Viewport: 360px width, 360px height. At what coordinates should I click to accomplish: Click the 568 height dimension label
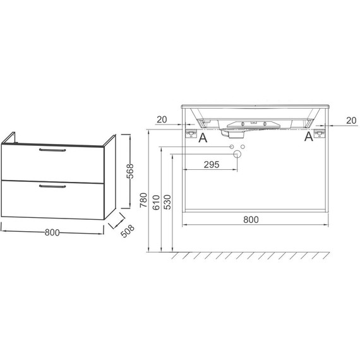click(130, 171)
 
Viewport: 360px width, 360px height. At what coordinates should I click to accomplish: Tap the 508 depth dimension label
click(128, 231)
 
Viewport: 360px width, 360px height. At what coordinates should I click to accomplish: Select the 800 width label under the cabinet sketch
click(52, 232)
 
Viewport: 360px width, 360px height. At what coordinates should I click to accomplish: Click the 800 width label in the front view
click(251, 220)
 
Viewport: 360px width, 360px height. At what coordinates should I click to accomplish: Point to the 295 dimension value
click(212, 165)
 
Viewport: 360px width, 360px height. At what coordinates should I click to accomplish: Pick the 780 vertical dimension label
click(144, 200)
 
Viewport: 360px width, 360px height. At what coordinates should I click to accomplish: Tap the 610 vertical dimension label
click(156, 202)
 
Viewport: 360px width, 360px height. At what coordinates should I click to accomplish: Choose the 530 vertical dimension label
click(167, 202)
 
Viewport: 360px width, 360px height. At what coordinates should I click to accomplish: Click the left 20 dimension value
click(162, 119)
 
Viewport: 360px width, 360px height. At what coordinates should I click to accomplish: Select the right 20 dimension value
click(351, 121)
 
